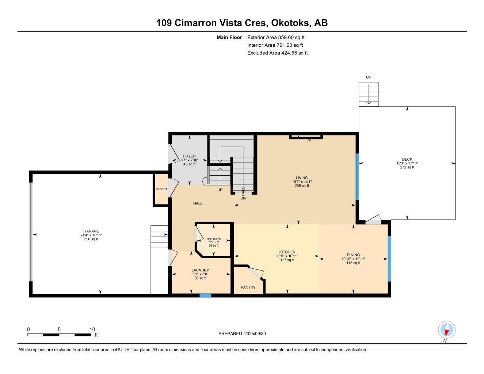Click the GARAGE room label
[91, 231]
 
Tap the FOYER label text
[189, 156]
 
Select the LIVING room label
[302, 178]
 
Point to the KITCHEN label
[287, 252]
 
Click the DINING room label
[353, 255]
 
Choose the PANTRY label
[248, 287]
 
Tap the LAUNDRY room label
[200, 270]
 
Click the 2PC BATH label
[214, 239]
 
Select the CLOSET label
[161, 189]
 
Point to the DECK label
[407, 159]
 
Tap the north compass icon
[446, 330]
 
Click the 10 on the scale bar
[92, 329]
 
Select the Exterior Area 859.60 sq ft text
[276, 37]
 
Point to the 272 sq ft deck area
[407, 167]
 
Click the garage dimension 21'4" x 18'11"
[91, 235]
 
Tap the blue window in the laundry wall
[205, 295]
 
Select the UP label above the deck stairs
[369, 77]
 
